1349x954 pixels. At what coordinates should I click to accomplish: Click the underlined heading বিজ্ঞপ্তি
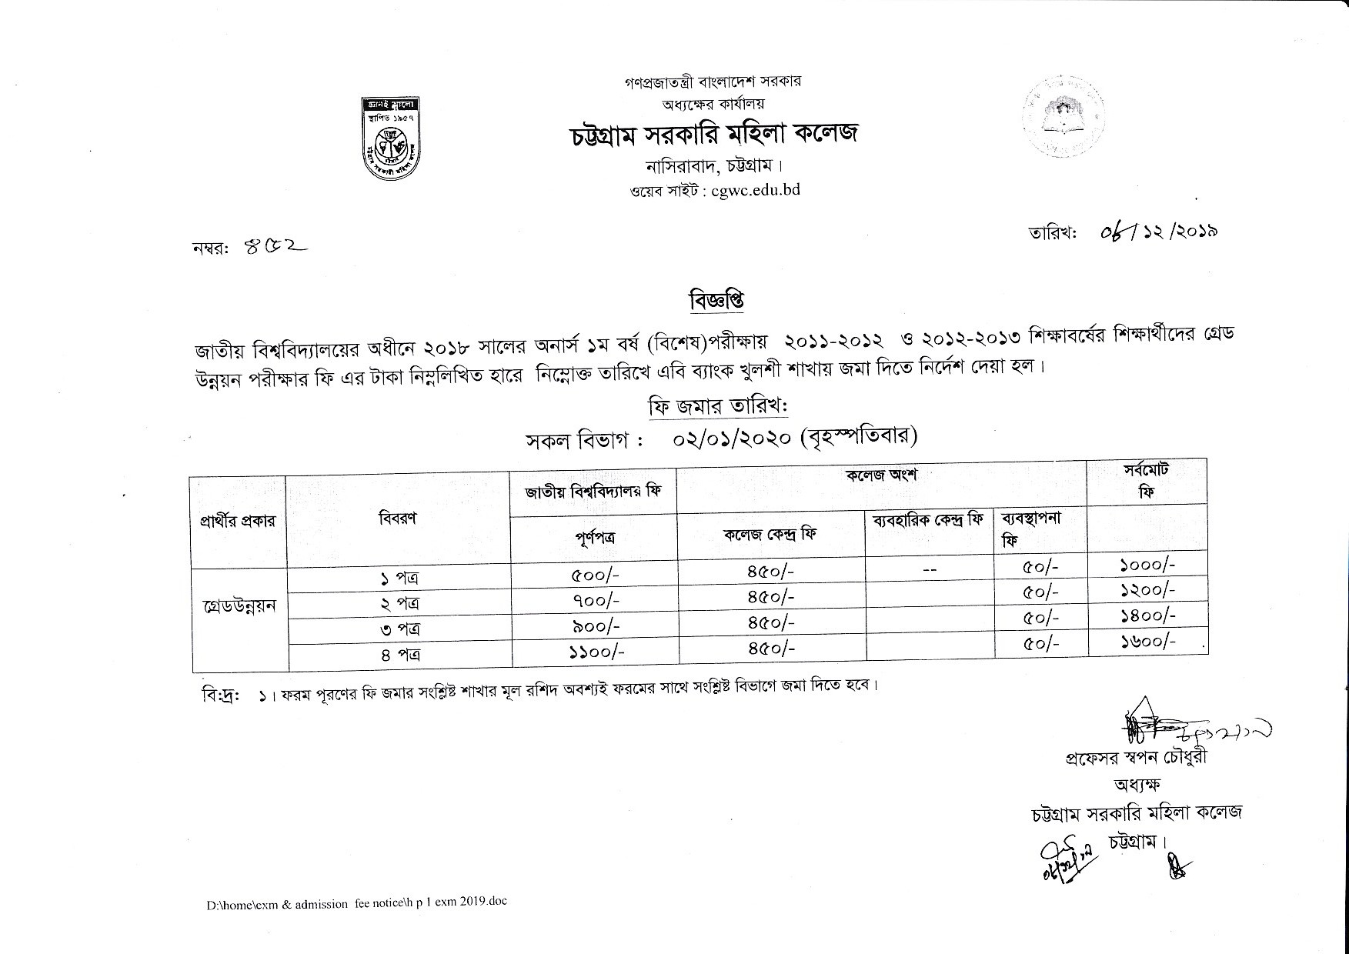pos(716,301)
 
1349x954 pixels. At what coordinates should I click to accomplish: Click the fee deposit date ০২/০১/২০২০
pos(732,439)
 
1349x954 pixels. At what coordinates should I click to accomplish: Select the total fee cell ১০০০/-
pos(1147,565)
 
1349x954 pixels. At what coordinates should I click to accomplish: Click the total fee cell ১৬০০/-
pos(1147,641)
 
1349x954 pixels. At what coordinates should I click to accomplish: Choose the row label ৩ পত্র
pos(399,629)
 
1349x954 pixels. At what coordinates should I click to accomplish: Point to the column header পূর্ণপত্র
pos(594,537)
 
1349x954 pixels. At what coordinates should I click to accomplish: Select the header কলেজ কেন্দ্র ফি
pos(770,533)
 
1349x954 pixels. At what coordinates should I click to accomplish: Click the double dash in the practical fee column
pos(929,570)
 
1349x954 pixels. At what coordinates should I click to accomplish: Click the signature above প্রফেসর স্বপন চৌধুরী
pos(1185,726)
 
